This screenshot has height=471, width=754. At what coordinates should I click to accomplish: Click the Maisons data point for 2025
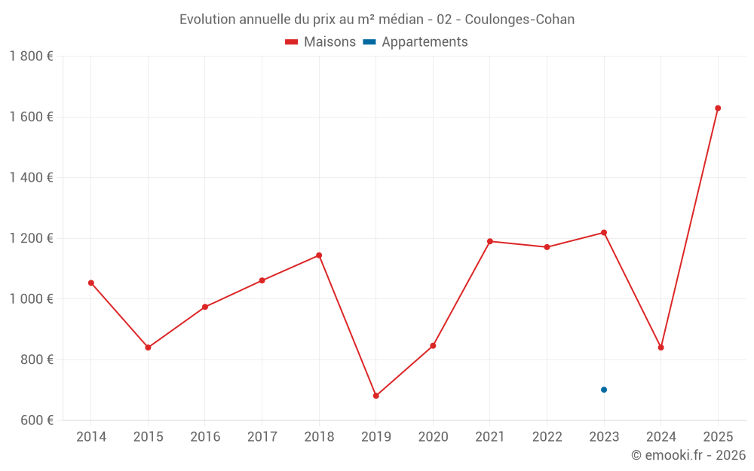[718, 109]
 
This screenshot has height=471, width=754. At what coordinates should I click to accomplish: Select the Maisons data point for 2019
[376, 396]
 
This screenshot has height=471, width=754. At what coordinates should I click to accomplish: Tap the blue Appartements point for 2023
[604, 390]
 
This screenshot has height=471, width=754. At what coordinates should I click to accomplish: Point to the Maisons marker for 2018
[319, 255]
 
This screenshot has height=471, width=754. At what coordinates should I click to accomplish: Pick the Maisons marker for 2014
[91, 283]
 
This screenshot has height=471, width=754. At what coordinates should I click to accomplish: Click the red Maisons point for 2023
[604, 233]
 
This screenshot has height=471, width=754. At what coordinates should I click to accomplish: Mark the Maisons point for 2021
[490, 241]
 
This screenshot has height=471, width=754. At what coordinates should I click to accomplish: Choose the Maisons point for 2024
[661, 347]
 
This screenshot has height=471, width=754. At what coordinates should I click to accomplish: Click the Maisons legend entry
[320, 42]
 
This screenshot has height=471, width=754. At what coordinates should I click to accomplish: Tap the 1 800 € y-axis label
[31, 57]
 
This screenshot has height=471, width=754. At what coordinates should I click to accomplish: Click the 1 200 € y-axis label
[31, 238]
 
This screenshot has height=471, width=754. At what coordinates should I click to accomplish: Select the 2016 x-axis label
[205, 437]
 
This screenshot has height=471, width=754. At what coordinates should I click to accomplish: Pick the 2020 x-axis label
[433, 437]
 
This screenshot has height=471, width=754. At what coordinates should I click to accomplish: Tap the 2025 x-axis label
[718, 437]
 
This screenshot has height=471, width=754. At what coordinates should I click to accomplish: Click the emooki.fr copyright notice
[688, 455]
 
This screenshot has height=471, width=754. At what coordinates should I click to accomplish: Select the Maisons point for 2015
[148, 347]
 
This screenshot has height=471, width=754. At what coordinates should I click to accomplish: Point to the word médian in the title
[392, 20]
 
